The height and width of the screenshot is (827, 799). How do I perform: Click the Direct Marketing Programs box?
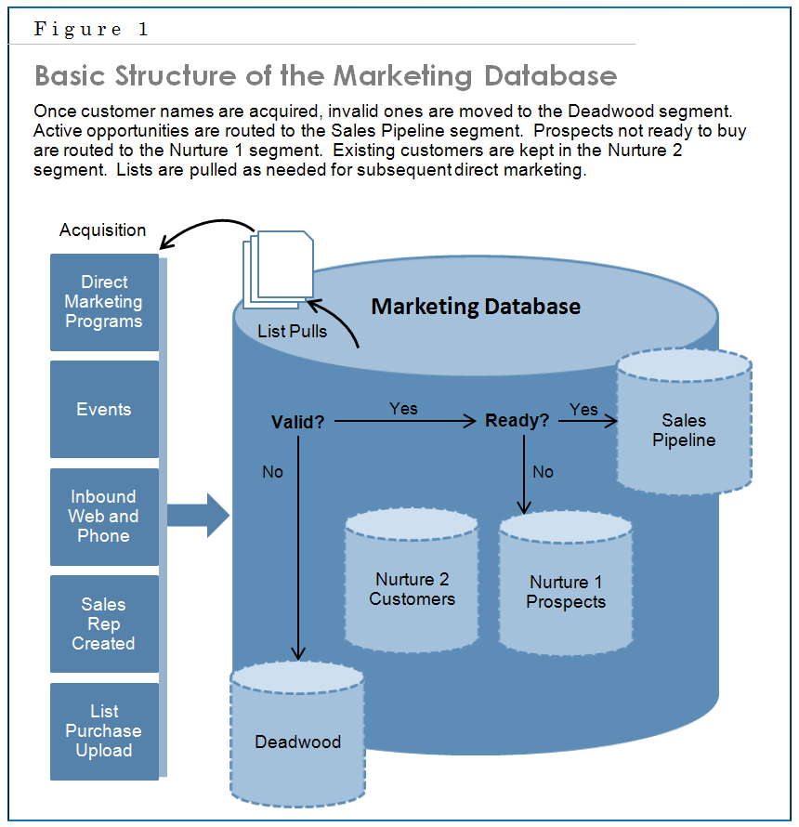(104, 302)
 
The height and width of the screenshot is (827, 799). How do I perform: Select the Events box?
(104, 410)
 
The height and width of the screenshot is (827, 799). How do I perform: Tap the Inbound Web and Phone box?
(104, 517)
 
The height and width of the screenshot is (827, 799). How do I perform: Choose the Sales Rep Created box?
(104, 624)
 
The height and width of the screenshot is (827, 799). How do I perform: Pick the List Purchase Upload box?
(104, 731)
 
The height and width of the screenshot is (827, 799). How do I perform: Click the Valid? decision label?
(297, 422)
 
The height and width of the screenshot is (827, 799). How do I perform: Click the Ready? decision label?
(517, 421)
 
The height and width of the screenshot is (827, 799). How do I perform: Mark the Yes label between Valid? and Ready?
(403, 409)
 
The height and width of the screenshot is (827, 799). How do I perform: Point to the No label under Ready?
(543, 472)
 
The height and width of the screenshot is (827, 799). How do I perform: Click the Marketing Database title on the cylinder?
(476, 307)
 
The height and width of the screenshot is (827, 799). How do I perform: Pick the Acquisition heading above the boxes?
(102, 230)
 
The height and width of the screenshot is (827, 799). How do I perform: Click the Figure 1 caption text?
(91, 29)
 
